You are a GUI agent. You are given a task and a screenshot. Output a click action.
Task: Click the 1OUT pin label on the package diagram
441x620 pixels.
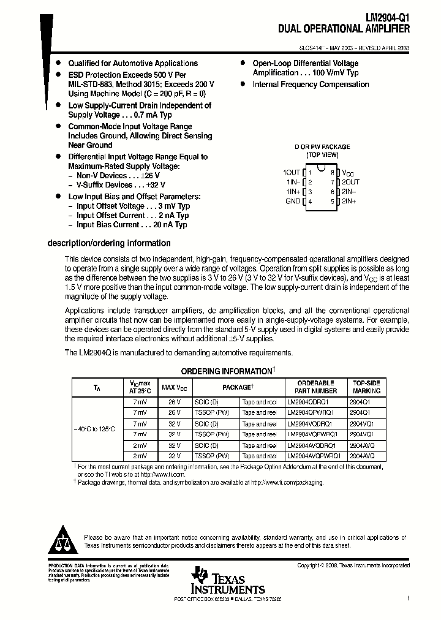tap(292, 173)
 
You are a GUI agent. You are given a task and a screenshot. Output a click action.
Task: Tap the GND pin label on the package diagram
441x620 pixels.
tap(293, 201)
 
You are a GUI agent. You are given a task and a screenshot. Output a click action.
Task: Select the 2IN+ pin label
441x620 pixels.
tap(349, 201)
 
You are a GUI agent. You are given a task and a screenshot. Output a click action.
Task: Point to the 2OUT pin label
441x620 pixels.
tap(350, 182)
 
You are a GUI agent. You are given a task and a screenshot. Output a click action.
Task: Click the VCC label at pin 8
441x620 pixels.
tap(348, 173)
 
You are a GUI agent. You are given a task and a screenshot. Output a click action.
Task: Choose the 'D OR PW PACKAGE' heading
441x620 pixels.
tap(322, 146)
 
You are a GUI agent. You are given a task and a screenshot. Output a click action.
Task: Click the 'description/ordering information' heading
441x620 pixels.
tap(109, 243)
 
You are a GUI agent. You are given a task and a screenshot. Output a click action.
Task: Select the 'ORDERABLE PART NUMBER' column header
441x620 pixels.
tap(315, 387)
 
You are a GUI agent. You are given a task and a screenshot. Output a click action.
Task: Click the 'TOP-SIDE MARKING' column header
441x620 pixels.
tap(367, 387)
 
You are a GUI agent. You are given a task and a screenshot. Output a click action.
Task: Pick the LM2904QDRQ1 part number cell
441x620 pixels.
tap(309, 402)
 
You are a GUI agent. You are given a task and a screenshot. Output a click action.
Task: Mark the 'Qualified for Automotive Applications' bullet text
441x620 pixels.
tap(133, 63)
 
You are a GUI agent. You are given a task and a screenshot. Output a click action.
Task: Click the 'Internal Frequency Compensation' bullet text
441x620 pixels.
tap(311, 85)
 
